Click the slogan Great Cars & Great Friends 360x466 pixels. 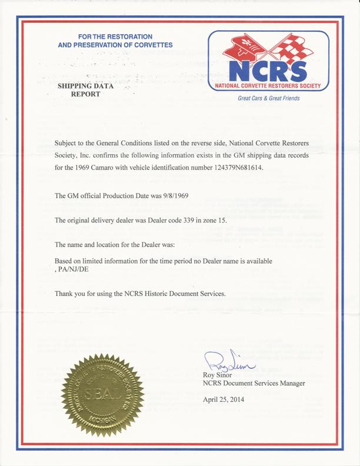269,98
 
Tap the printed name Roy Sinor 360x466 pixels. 217,375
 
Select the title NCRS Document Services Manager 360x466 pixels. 254,384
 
